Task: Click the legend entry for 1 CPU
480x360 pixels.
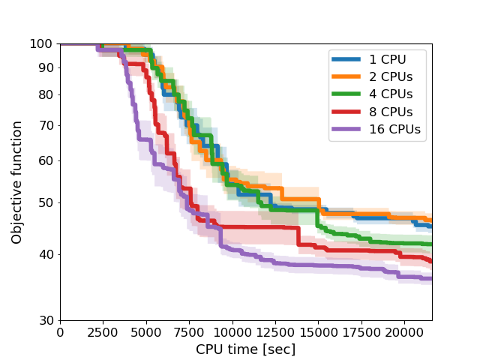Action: tap(388, 59)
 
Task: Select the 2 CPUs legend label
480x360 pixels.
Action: tap(391, 76)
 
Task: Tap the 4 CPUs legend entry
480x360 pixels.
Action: tap(391, 94)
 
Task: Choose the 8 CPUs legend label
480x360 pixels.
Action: tap(391, 112)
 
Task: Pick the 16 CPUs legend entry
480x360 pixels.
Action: tap(395, 130)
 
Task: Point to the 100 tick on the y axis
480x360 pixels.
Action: tap(41, 44)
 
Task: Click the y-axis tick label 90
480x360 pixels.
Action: tap(46, 68)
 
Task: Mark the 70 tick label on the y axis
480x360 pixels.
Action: tap(46, 125)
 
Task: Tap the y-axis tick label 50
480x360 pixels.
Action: tap(46, 202)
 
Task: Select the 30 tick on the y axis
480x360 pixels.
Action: tap(46, 320)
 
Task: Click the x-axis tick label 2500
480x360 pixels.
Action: tap(103, 333)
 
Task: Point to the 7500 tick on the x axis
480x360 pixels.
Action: tap(189, 333)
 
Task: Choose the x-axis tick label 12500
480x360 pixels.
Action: tap(275, 333)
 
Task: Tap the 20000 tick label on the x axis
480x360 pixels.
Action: tap(404, 333)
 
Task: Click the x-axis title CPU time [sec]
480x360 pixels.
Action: tap(246, 349)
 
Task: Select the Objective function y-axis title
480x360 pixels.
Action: tap(16, 182)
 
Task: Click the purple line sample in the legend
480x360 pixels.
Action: tap(346, 129)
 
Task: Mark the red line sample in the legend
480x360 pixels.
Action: tap(346, 112)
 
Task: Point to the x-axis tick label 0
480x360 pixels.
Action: tap(60, 333)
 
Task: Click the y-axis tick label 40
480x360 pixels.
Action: tap(46, 254)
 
